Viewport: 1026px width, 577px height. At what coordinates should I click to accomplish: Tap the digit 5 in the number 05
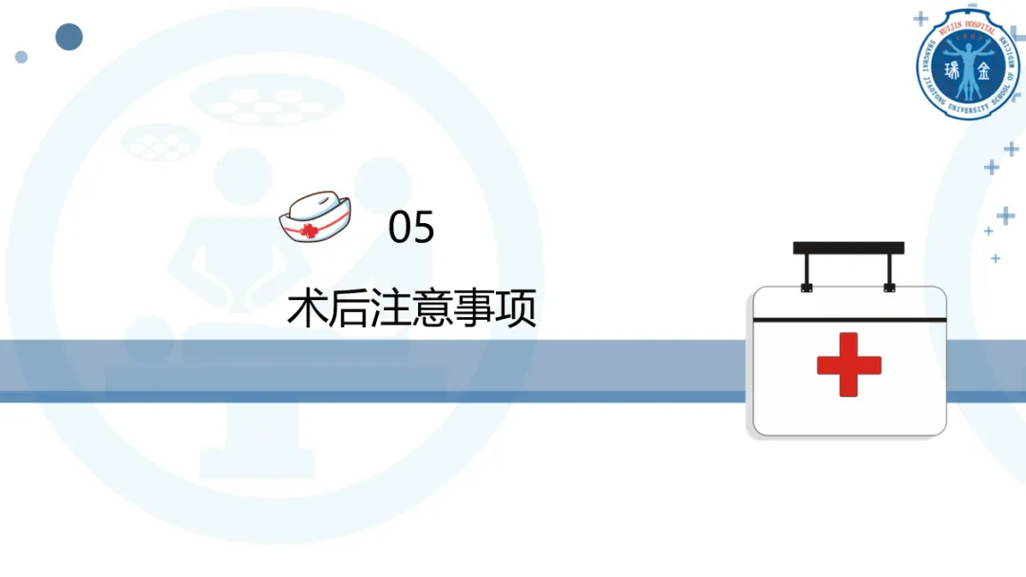coord(424,229)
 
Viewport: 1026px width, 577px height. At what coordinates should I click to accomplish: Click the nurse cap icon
coord(314,216)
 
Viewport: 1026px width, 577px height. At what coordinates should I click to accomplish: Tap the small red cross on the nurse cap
coord(306,230)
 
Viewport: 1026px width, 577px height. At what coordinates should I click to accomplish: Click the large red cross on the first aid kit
coord(848,364)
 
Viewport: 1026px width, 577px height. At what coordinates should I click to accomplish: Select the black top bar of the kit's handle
coord(848,248)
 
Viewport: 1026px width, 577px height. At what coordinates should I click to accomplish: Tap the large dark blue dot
coord(68,37)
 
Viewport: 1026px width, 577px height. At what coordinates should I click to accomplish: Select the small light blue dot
coord(21,57)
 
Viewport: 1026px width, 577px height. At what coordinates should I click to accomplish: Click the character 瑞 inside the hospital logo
coord(953,70)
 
